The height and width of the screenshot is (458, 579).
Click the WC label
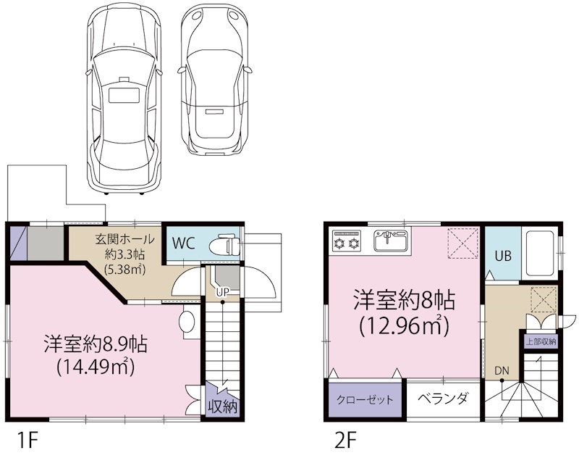[182, 243]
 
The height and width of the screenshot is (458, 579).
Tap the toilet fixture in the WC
[227, 243]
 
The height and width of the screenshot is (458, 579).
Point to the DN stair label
[502, 370]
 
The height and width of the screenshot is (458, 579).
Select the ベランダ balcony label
[442, 399]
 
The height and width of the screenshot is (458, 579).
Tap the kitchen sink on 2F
[391, 239]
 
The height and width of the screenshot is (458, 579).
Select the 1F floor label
[25, 439]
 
